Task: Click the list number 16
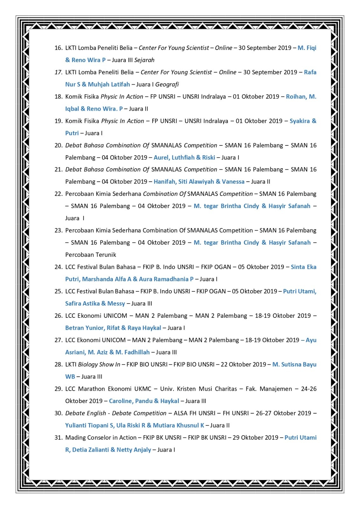[x=58, y=48]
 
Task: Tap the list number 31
[x=58, y=438]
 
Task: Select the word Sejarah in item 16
[x=144, y=60]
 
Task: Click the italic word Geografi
[x=167, y=85]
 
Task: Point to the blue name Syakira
[x=299, y=121]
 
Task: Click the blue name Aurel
[x=162, y=157]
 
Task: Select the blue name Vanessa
[x=233, y=182]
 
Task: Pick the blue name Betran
[x=75, y=328]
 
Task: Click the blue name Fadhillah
[x=137, y=352]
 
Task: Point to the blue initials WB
[x=70, y=377]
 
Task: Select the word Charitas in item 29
[x=226, y=389]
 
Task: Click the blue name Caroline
[x=121, y=401]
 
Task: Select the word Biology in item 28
[x=88, y=365]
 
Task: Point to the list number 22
[x=58, y=194]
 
